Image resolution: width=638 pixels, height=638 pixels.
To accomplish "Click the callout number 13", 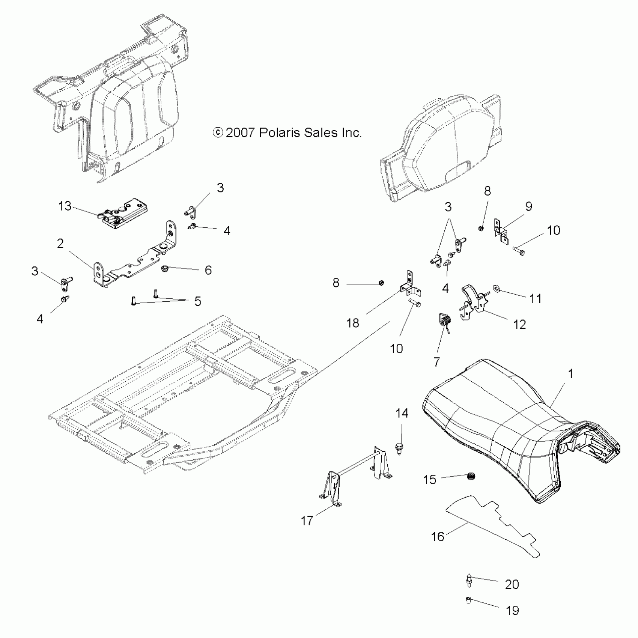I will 65,206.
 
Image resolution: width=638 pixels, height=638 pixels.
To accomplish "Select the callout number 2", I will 60,244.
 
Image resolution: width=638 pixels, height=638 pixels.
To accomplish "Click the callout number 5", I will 197,301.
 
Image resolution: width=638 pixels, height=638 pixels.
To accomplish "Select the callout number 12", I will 519,324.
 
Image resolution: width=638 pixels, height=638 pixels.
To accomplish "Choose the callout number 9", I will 528,206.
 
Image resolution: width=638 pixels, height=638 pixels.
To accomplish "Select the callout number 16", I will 438,537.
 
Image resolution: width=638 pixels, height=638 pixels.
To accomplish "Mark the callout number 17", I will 307,520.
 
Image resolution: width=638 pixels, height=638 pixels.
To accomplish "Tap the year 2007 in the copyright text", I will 241,133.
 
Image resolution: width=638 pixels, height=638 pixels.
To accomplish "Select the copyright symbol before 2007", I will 218,133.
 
